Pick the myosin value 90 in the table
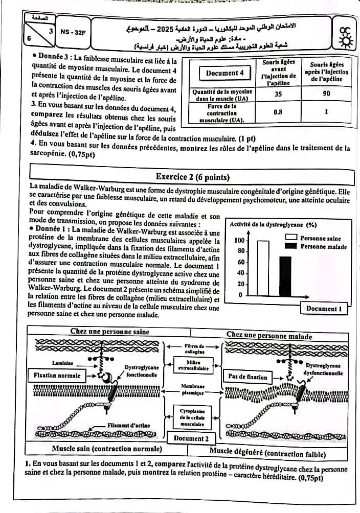point(326,94)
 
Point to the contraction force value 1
point(326,111)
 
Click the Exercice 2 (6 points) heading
point(192,177)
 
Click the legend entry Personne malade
point(323,246)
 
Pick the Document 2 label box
point(191,438)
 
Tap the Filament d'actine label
point(127,425)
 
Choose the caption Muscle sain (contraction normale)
point(107,449)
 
